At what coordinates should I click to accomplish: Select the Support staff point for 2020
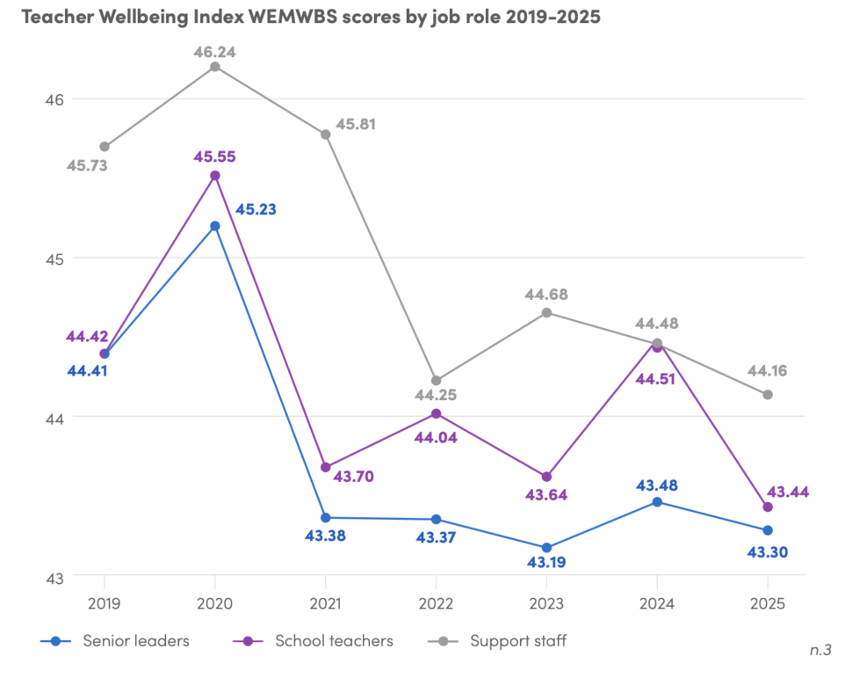tap(215, 67)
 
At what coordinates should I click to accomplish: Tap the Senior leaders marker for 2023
tap(546, 548)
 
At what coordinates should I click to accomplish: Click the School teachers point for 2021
tap(326, 467)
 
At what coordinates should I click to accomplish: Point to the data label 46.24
tap(215, 52)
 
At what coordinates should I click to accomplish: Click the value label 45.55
tap(215, 157)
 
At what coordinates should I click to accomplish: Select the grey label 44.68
tap(547, 294)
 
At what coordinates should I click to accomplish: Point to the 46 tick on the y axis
tap(55, 98)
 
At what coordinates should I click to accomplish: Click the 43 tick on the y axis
tap(55, 578)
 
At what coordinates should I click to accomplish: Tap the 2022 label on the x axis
tap(436, 605)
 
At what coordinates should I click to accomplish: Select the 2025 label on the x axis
tap(768, 605)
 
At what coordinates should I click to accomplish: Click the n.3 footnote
tap(820, 651)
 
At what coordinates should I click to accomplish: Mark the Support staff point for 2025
tap(768, 395)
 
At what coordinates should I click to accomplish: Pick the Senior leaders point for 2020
tap(215, 226)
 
